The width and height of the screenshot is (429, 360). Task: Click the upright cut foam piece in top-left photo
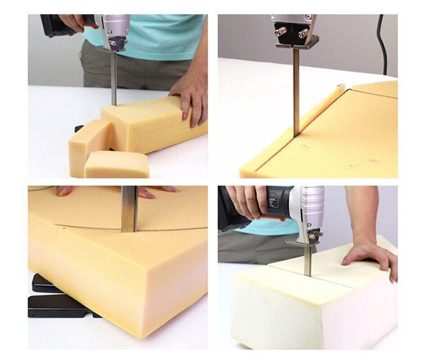coord(88,144)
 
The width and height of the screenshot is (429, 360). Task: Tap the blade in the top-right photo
coord(296,90)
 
